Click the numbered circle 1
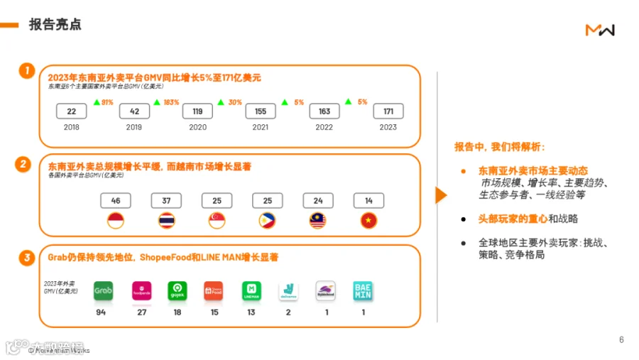point(27,70)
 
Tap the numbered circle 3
point(27,258)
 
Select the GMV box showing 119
point(197,111)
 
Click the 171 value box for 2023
point(388,111)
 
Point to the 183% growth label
point(171,102)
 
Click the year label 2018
point(72,127)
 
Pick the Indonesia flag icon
point(116,220)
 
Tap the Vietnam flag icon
point(368,220)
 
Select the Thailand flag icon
point(166,220)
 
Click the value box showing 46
point(116,201)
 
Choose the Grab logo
point(104,290)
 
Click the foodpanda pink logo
point(142,290)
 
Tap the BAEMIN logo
point(363,290)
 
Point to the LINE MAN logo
point(252,290)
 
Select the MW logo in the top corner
point(600,29)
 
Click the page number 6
point(621,339)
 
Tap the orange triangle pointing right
point(440,195)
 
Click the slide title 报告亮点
point(55,25)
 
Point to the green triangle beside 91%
point(97,102)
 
